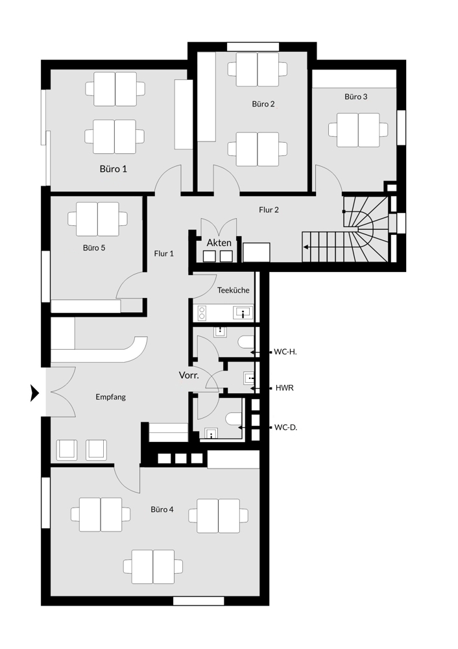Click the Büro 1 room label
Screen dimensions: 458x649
(113, 169)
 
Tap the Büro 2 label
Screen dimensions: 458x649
(263, 104)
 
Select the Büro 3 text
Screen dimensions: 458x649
(356, 97)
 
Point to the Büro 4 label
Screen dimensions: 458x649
(162, 509)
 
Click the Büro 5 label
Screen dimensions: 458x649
(94, 247)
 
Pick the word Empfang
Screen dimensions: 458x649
(110, 397)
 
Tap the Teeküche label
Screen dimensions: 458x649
(234, 290)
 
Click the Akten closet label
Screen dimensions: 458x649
(219, 243)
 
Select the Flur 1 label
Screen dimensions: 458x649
(164, 253)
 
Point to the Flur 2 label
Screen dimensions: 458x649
(269, 210)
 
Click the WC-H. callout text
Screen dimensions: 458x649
(285, 352)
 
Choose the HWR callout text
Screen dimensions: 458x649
(285, 388)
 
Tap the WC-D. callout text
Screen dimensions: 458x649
(286, 428)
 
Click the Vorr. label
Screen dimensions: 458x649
(189, 375)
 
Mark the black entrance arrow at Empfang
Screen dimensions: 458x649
(35, 393)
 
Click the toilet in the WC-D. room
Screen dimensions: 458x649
(235, 419)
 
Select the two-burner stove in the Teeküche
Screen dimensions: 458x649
(202, 313)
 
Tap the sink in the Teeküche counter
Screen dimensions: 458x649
(243, 313)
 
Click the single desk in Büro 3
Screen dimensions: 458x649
(358, 130)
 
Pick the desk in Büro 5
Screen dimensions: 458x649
(98, 219)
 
